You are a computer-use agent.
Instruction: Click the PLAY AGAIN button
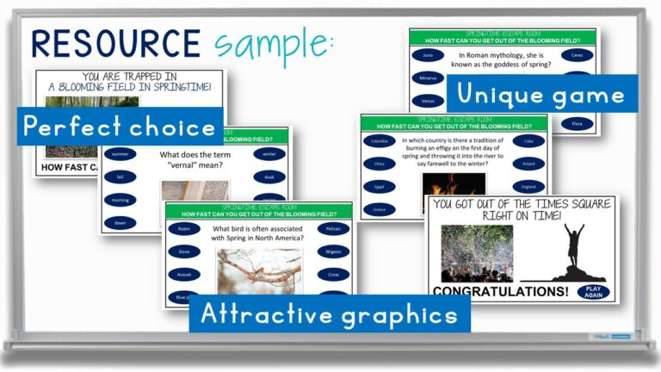click(594, 292)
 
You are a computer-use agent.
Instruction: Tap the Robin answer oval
click(183, 230)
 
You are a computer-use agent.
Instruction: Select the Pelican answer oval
click(333, 230)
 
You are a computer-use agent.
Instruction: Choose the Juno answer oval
click(428, 55)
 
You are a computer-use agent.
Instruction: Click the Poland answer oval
click(528, 164)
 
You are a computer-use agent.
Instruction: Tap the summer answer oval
click(120, 154)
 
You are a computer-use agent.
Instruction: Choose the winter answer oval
click(269, 154)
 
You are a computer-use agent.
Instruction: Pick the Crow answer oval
click(333, 275)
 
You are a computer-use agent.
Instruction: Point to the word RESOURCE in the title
click(114, 42)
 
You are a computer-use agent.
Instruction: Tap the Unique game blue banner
click(541, 93)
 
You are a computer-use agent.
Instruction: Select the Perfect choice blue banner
click(120, 127)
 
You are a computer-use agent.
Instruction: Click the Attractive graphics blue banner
click(330, 314)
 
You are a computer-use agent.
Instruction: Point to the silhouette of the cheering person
click(574, 251)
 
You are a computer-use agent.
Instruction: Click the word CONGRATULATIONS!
click(500, 292)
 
